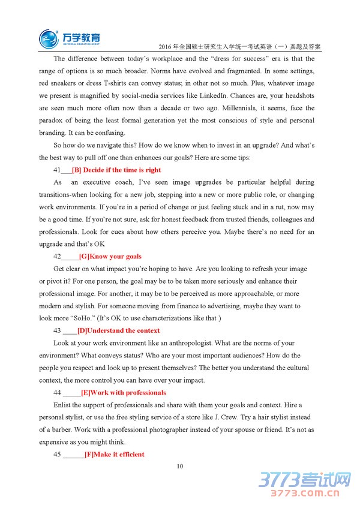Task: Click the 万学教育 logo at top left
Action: pos(70,38)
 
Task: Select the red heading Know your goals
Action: pos(110,256)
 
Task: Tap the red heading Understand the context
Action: pos(119,330)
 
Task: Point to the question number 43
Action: pos(57,330)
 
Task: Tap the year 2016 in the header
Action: pos(163,46)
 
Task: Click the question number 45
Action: pos(57,454)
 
